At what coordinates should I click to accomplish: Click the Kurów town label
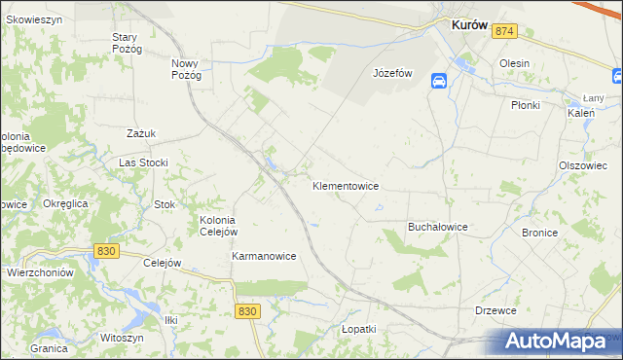pos(469,27)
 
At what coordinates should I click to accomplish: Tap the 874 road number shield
pos(503,32)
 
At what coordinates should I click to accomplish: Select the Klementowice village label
pos(346,185)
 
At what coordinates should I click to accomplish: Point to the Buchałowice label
pos(438,227)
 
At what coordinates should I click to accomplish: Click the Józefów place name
pos(394,73)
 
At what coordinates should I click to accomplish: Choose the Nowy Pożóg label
pos(186,69)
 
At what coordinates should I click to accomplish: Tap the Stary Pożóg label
pos(127,43)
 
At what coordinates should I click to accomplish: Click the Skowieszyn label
pos(35,18)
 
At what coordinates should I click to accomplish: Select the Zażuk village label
pos(141,133)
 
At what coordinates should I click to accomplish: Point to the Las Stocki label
pos(143,162)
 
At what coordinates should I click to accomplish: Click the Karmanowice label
pos(264,256)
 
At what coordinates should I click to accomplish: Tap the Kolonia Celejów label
pos(218,226)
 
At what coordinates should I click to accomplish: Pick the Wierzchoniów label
pos(40,273)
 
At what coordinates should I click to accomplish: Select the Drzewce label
pos(495,310)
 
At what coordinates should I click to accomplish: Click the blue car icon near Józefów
pos(439,82)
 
